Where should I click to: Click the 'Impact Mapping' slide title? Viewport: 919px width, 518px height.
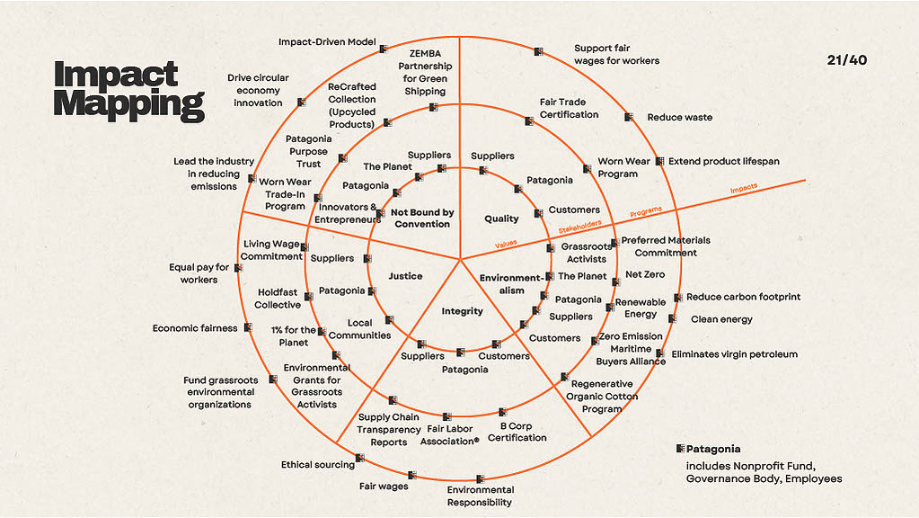coord(129,91)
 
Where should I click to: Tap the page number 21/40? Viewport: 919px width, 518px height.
coord(847,60)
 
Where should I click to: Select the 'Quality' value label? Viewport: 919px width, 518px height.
coord(501,219)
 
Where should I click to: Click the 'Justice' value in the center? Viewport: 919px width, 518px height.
coord(405,276)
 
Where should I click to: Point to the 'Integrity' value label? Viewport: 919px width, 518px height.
coord(463,311)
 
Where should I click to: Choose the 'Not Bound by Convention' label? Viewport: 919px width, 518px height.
coord(422,219)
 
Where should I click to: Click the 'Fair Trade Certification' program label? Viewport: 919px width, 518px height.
coord(570,109)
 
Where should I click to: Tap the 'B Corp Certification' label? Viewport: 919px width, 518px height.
coord(517,432)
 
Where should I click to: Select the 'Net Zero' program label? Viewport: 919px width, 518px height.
coord(645,274)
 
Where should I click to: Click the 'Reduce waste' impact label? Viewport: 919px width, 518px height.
coord(680,117)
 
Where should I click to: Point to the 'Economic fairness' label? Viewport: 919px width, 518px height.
coord(195,328)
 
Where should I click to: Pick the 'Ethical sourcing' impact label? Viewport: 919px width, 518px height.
coord(318,465)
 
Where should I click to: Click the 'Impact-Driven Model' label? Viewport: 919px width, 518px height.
coord(327,42)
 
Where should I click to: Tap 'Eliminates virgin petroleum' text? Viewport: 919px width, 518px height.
coord(734,354)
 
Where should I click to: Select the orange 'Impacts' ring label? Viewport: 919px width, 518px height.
coord(744,188)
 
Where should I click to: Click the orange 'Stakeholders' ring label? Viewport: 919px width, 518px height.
coord(579,227)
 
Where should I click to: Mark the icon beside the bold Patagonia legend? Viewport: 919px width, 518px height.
coord(680,449)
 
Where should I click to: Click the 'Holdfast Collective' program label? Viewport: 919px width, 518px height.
coord(278,299)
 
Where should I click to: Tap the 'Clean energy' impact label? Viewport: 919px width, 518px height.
coord(721,320)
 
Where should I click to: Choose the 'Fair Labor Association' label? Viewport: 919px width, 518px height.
coord(449,435)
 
